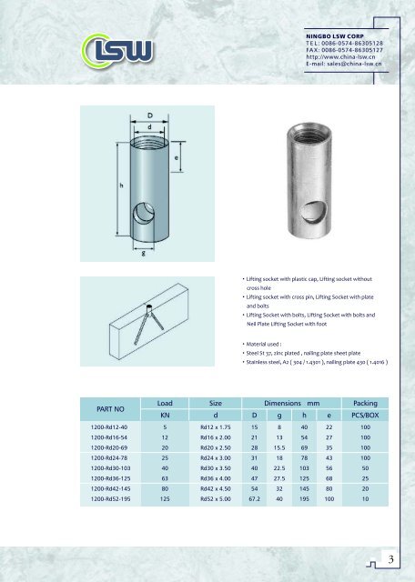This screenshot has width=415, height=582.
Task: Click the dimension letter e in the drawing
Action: click(175, 157)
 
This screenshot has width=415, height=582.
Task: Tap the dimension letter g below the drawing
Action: click(144, 254)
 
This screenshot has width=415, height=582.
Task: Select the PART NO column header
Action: click(103, 409)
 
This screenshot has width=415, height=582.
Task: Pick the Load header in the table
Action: click(165, 402)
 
